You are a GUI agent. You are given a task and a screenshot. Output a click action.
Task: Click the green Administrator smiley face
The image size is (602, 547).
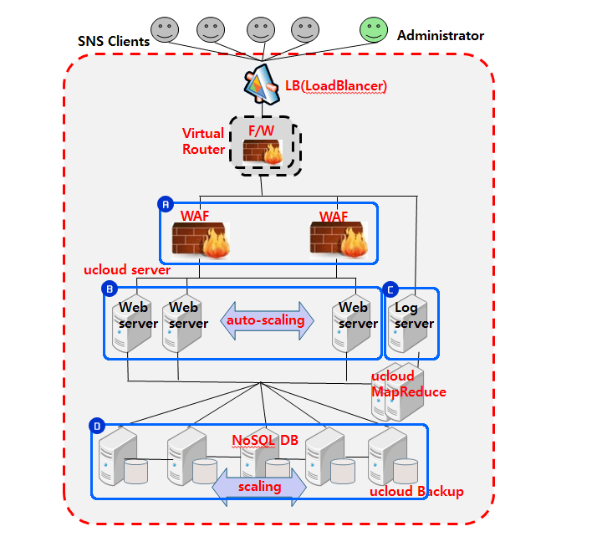point(374,31)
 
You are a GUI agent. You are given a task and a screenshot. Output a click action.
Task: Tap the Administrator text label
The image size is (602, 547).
point(441,36)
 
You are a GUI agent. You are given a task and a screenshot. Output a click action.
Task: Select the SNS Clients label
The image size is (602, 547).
point(114,41)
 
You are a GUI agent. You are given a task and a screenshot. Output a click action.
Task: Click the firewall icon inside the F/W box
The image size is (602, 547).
point(263,152)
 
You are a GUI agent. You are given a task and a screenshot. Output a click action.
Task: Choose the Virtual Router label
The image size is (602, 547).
point(204,141)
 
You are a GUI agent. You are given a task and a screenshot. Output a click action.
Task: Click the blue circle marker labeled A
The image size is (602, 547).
point(166,204)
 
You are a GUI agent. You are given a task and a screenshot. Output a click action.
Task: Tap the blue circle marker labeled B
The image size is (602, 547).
point(110,289)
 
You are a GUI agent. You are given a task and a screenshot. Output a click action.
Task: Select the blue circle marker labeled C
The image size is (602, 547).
point(390,289)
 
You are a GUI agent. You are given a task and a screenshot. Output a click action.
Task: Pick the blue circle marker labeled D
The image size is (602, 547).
point(97,427)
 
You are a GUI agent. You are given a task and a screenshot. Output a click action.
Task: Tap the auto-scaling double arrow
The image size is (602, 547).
point(267,321)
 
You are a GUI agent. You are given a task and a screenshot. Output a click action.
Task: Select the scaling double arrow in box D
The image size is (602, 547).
point(259,486)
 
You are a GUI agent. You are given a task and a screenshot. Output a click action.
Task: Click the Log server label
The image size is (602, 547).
point(413,315)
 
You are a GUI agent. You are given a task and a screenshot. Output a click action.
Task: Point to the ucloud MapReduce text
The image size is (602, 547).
point(408,385)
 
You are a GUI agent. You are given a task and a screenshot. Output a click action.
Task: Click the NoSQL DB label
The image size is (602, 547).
point(264,440)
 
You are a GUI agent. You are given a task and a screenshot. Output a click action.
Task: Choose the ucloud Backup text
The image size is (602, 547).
point(416,492)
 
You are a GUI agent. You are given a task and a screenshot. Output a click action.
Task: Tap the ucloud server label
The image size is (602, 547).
point(127,270)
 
